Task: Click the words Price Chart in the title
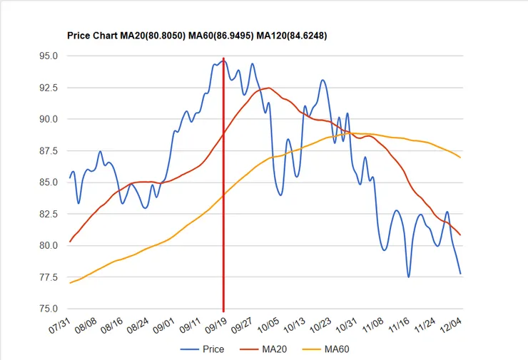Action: tap(91, 35)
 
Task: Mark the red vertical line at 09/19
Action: tap(223, 214)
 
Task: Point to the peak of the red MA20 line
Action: tap(268, 88)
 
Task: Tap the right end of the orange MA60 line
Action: tap(460, 158)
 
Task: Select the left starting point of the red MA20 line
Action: tap(70, 242)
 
